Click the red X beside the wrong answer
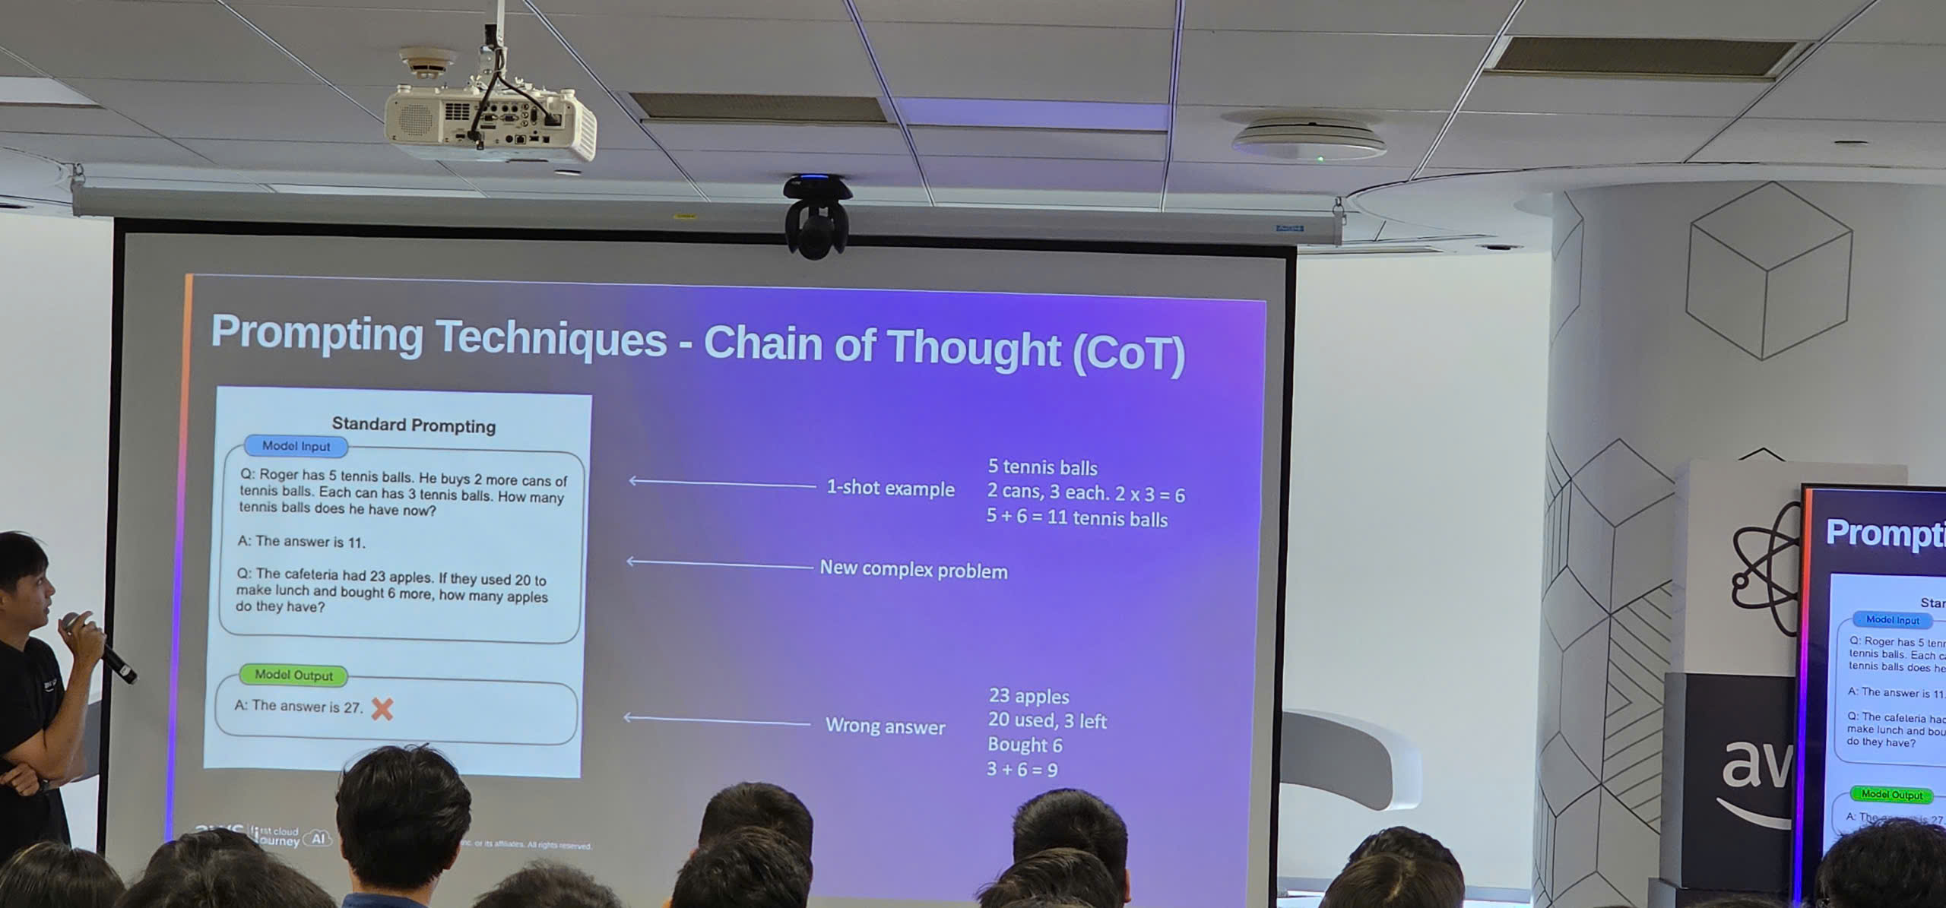tap(382, 709)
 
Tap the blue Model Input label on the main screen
tap(296, 446)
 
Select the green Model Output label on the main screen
tap(293, 675)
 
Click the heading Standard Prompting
tap(414, 425)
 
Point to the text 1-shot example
tap(890, 488)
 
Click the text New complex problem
tap(913, 569)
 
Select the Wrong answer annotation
tap(885, 726)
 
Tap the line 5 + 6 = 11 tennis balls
tap(1076, 518)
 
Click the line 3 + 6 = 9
tap(1022, 769)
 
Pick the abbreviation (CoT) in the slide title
tap(1128, 352)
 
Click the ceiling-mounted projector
tap(490, 122)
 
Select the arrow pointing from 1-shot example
tap(722, 482)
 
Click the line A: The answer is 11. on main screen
tap(302, 542)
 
